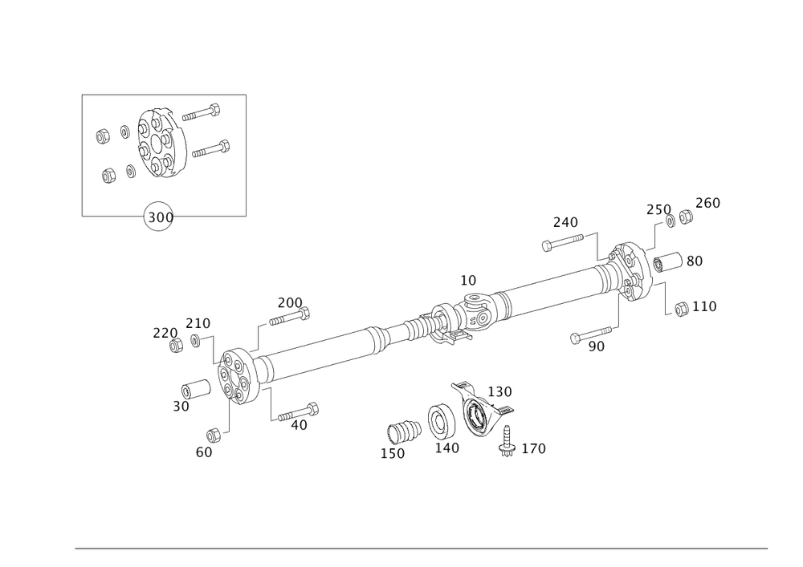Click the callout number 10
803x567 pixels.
tap(468, 281)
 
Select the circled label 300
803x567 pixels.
tap(157, 217)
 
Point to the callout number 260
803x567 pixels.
tap(707, 203)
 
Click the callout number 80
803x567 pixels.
tap(694, 261)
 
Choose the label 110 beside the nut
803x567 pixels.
tap(703, 306)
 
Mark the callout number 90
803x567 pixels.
tap(596, 346)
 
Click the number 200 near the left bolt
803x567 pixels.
tap(289, 302)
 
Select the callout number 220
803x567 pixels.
tap(164, 332)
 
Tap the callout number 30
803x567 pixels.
tap(180, 407)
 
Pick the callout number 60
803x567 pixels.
tap(204, 452)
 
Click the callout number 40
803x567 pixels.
tap(299, 426)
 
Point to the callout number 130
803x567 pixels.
tap(500, 391)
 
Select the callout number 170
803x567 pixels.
tap(534, 448)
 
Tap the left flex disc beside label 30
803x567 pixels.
tap(237, 377)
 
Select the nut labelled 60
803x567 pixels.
tap(214, 434)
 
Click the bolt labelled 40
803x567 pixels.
tap(299, 411)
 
